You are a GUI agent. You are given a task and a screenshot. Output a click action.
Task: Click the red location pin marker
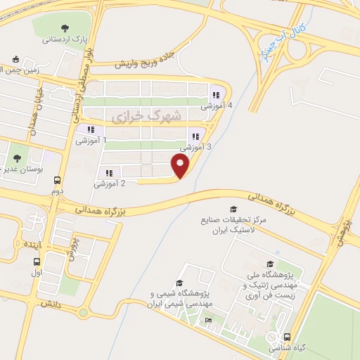pos(181,166)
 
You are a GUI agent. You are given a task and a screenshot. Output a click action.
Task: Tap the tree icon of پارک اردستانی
pos(65,29)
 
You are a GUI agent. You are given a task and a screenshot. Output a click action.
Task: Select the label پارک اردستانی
pos(65,41)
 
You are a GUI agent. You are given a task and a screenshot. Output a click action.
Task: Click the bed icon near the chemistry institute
pos(207,321)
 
